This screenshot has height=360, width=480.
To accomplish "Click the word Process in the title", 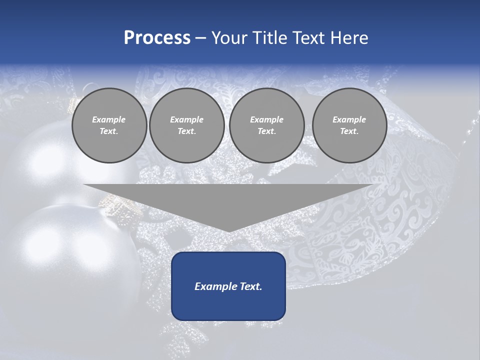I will pyautogui.click(x=157, y=38).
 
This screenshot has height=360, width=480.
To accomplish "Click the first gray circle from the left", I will pyautogui.click(x=109, y=125).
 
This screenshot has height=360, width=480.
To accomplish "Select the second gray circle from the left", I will pyautogui.click(x=186, y=125).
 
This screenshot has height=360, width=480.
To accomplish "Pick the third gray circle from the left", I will pyautogui.click(x=266, y=125).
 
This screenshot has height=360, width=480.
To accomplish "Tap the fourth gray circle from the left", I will pyautogui.click(x=349, y=125).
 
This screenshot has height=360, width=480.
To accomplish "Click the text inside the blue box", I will pyautogui.click(x=228, y=286).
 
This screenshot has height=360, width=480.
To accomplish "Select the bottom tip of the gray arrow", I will pyautogui.click(x=228, y=230).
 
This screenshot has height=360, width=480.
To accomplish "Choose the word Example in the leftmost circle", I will pyautogui.click(x=109, y=119).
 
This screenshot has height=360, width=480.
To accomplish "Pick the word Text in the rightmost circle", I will pyautogui.click(x=349, y=131).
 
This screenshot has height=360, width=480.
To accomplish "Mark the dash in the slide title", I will pyautogui.click(x=200, y=38).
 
